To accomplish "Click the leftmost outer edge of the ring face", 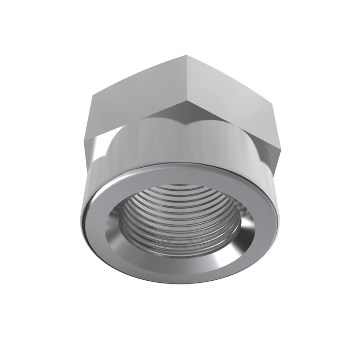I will (82, 216).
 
